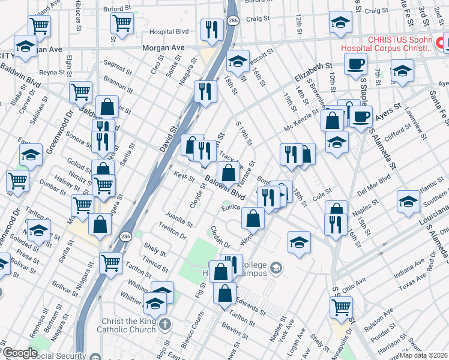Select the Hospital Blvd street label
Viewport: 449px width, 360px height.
coord(169,31)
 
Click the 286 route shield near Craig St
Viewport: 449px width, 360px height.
coord(232,22)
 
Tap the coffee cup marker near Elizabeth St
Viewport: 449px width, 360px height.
coord(355,63)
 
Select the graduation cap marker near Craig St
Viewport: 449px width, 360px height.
coord(340,23)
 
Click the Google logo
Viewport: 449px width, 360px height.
coord(19,353)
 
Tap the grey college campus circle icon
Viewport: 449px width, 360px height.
coord(276,266)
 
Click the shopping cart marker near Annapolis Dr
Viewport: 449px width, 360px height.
coord(341,307)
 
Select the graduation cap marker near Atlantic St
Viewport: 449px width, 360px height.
coord(408,201)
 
